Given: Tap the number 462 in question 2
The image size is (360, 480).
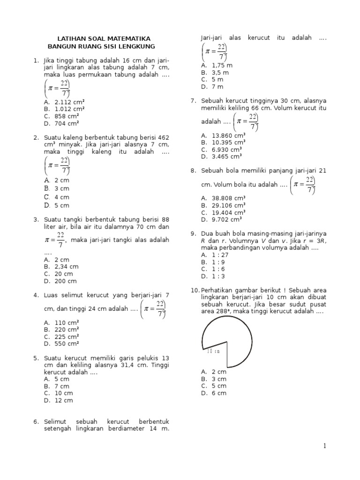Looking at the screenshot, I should [163, 137].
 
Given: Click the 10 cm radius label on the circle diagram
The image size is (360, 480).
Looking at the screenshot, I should [212, 351].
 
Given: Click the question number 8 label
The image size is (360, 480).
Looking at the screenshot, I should [193, 171].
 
